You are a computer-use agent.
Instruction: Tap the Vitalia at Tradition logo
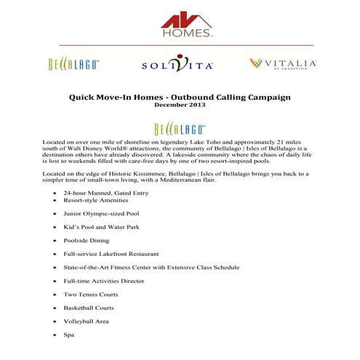pyautogui.click(x=283, y=64)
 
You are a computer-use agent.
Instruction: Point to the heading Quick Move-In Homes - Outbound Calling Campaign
pyautogui.click(x=180, y=97)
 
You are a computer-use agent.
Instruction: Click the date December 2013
pyautogui.click(x=180, y=106)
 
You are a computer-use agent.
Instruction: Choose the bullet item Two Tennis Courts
pyautogui.click(x=91, y=294)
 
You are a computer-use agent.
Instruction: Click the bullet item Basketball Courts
pyautogui.click(x=90, y=308)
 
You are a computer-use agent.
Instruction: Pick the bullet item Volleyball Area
pyautogui.click(x=87, y=321)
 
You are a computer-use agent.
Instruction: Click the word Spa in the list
pyautogui.click(x=69, y=335)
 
